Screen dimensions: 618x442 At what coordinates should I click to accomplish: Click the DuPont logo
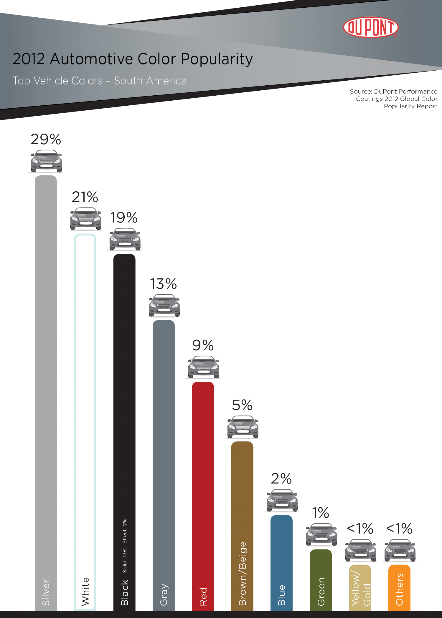point(371,27)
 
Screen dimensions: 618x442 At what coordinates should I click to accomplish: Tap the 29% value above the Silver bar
point(46,139)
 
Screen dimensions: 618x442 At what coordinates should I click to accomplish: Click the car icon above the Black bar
point(125,239)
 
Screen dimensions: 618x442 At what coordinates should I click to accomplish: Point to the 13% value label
point(164,284)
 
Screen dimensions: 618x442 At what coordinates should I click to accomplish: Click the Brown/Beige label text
point(242,574)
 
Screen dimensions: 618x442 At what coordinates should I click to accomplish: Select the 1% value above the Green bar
point(321,513)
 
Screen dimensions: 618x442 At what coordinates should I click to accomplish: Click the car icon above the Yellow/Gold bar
point(361,550)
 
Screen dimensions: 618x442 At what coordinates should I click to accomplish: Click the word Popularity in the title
point(217,59)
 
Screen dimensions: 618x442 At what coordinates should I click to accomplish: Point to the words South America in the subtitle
point(150,81)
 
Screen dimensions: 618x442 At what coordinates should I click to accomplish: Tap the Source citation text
point(395,99)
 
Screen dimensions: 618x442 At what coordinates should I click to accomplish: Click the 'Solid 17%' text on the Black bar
point(125,560)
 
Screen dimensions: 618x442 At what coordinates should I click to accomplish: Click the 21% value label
point(85,197)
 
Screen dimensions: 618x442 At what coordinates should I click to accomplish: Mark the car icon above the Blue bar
point(282,500)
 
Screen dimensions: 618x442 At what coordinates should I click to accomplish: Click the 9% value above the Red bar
point(203,345)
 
